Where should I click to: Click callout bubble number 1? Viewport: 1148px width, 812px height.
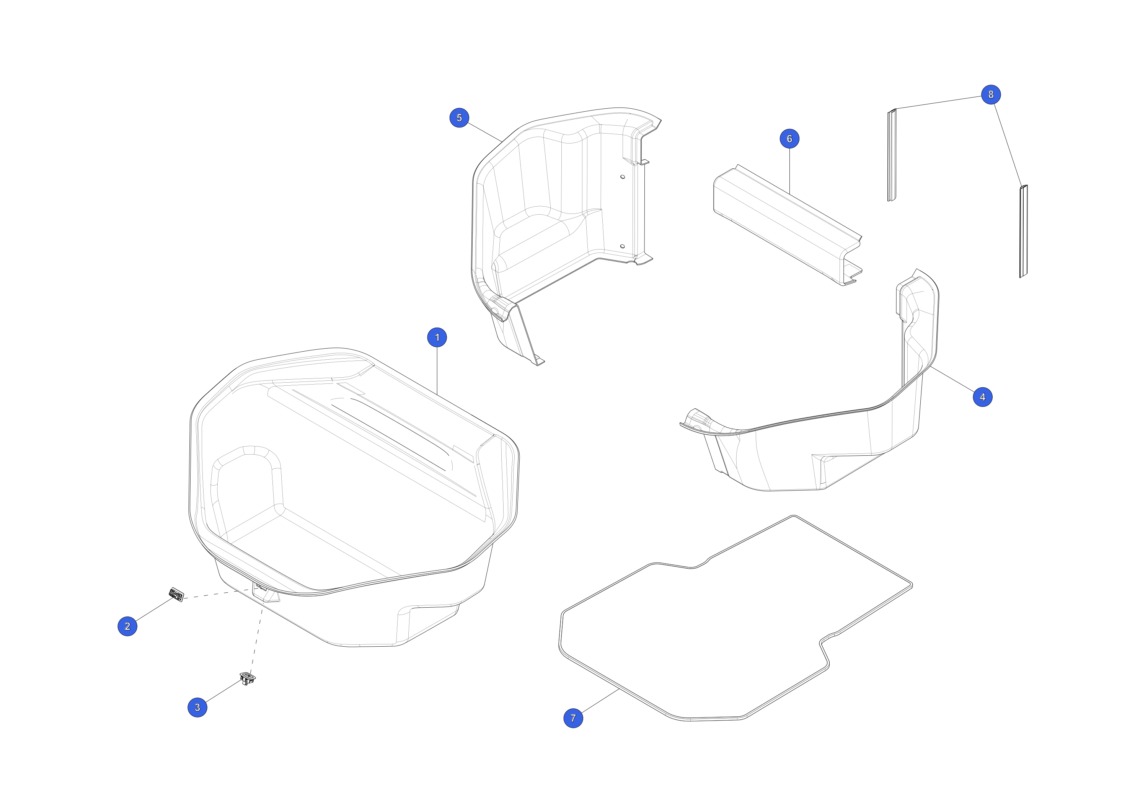click(x=437, y=338)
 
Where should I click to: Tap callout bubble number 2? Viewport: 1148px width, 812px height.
click(x=127, y=626)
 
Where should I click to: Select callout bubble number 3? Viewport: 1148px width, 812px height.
click(x=197, y=707)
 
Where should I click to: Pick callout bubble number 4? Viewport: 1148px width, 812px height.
click(x=983, y=397)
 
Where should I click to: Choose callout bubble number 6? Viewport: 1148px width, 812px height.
click(x=789, y=139)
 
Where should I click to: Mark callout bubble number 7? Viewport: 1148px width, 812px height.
click(x=573, y=718)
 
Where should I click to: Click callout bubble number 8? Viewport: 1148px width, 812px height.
click(x=990, y=95)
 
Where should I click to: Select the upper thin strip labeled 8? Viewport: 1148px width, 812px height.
click(x=892, y=155)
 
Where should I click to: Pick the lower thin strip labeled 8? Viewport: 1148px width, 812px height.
click(x=1024, y=231)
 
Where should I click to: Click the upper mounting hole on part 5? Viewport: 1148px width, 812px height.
click(x=623, y=176)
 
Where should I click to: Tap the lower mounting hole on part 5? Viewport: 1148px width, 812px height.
click(x=623, y=246)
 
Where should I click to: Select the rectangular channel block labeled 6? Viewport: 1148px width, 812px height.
click(x=787, y=225)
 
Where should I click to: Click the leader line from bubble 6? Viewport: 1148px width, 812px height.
click(x=789, y=171)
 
